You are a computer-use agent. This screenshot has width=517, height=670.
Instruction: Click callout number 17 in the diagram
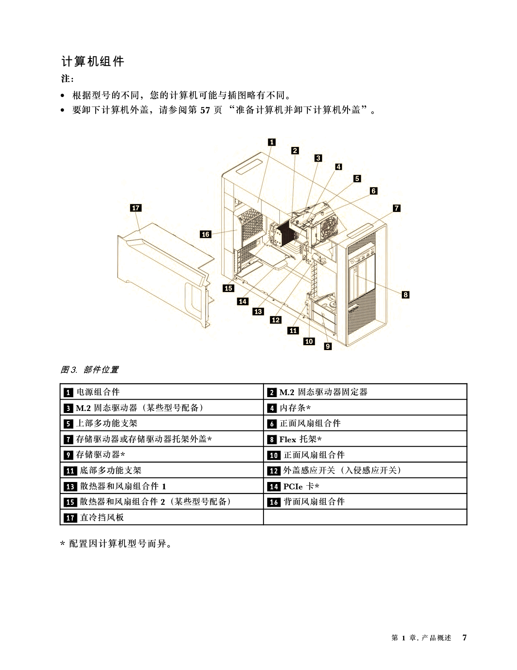(x=136, y=208)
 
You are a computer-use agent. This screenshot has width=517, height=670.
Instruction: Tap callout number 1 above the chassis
(x=271, y=142)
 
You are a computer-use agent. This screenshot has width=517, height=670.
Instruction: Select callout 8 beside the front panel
(x=405, y=294)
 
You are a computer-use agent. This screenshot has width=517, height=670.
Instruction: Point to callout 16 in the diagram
(x=206, y=234)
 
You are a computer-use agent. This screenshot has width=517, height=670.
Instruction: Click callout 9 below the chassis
(x=328, y=346)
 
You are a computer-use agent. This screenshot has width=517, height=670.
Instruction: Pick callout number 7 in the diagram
(x=397, y=208)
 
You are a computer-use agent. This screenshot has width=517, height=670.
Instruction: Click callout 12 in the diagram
(x=276, y=320)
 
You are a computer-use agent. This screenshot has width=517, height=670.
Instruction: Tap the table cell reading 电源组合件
(x=162, y=391)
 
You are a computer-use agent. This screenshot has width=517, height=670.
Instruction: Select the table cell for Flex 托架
(x=365, y=439)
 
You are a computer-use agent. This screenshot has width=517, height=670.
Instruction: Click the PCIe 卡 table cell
(x=365, y=486)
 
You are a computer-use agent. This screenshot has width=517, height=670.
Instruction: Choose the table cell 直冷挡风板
(x=162, y=517)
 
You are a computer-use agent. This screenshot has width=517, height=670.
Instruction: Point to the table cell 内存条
(x=365, y=407)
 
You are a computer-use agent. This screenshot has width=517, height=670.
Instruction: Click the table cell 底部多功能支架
(x=162, y=470)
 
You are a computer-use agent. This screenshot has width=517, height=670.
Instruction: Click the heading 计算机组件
(x=93, y=61)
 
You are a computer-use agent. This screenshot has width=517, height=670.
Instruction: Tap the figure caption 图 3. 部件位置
(x=89, y=370)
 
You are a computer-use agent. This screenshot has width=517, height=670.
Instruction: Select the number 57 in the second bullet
(x=205, y=110)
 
